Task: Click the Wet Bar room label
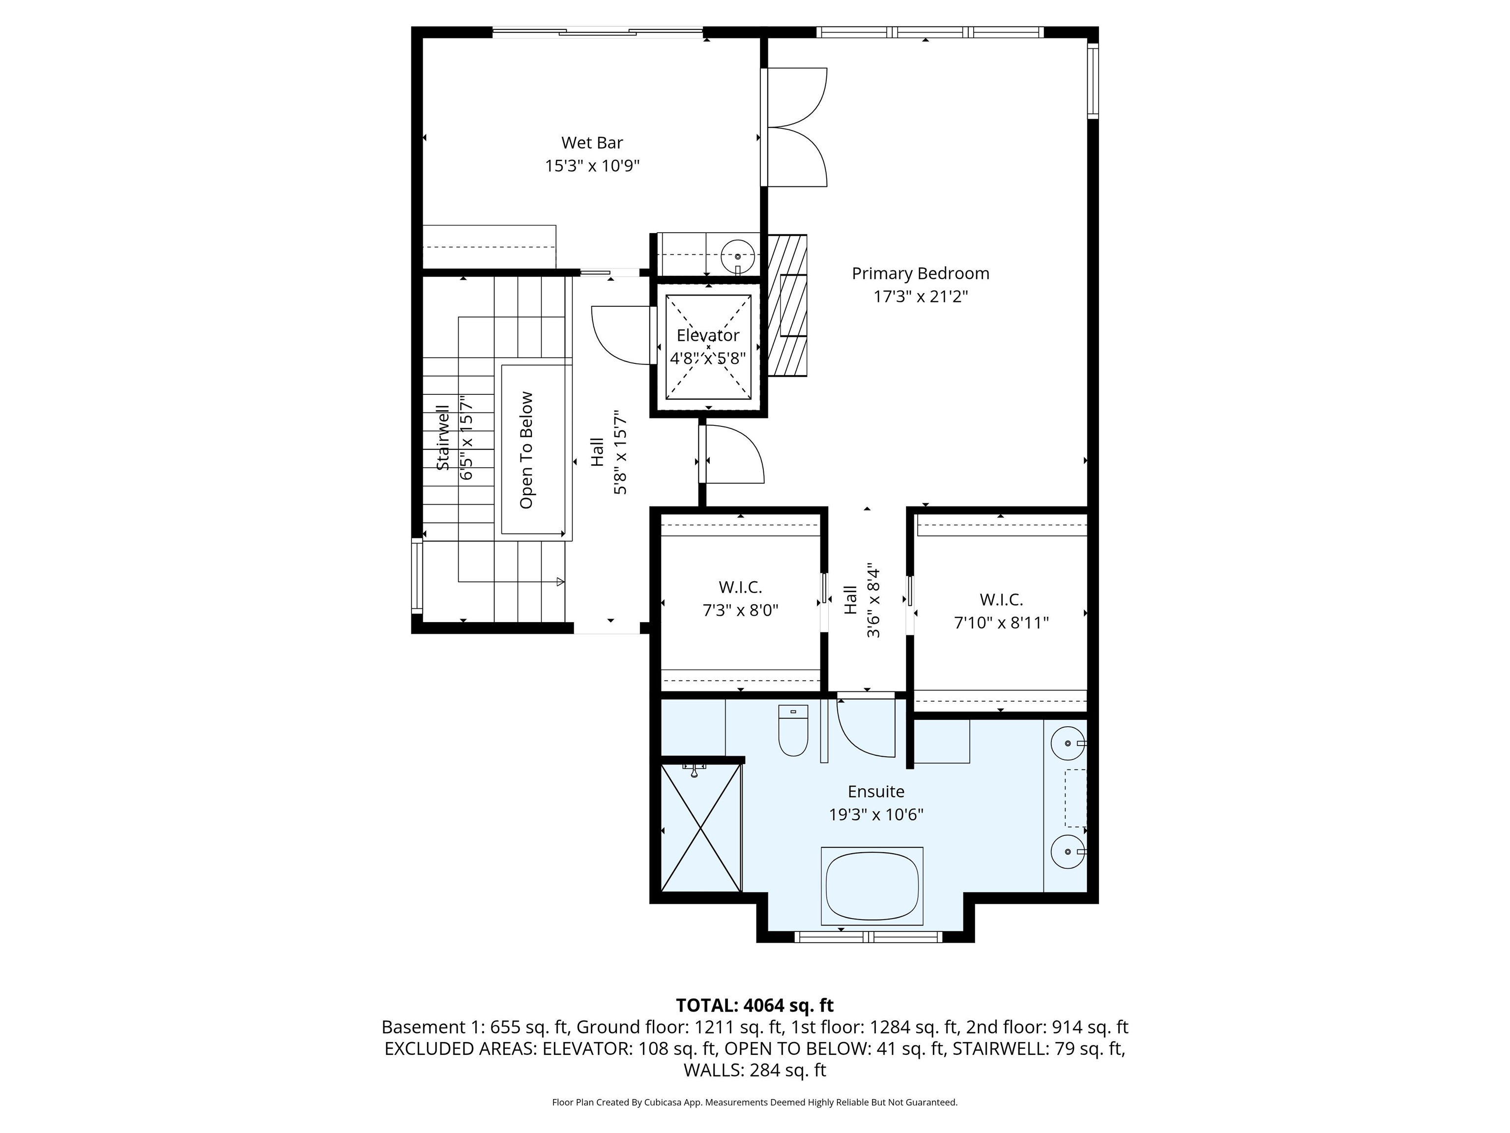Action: (592, 143)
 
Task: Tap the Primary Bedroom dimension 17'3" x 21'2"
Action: (920, 297)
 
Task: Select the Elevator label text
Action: (708, 335)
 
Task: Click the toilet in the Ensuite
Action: (793, 731)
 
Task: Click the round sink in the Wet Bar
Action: (738, 256)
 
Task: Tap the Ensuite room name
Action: (876, 792)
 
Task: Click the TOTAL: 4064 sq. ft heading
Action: (755, 1005)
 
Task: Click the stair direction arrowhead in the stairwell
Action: (560, 582)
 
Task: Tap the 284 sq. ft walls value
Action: (788, 1070)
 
